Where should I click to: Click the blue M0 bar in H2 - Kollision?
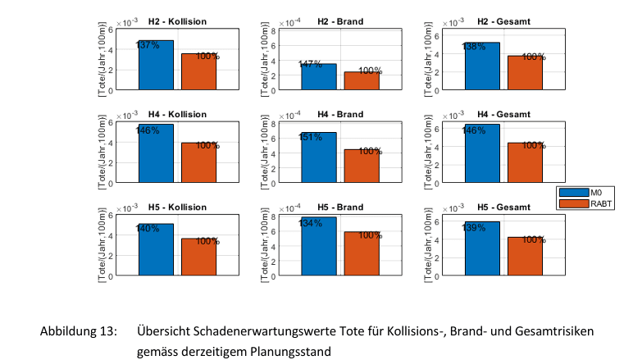pyautogui.click(x=156, y=66)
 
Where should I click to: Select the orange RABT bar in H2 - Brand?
pyautogui.click(x=362, y=80)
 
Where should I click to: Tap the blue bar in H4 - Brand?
pyautogui.click(x=318, y=157)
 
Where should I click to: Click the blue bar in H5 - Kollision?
pyautogui.click(x=156, y=250)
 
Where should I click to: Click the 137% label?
pyautogui.click(x=148, y=45)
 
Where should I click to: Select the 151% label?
pyautogui.click(x=311, y=137)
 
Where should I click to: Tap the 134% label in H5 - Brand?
pyautogui.click(x=311, y=222)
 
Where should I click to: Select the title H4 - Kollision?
pyautogui.click(x=177, y=113)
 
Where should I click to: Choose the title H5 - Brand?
pyautogui.click(x=339, y=207)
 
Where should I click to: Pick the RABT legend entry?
pyautogui.click(x=590, y=203)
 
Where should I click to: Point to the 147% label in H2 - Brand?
pyautogui.click(x=311, y=64)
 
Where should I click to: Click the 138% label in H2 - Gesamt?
pyautogui.click(x=475, y=48)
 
